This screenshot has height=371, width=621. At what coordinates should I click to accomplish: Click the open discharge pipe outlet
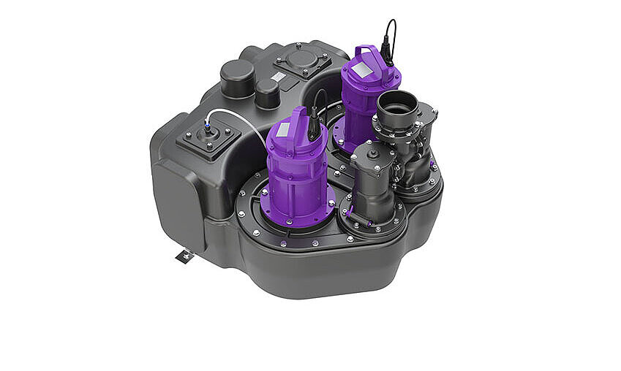click(397, 107)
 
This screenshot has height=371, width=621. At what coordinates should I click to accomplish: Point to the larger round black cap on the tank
click(238, 77)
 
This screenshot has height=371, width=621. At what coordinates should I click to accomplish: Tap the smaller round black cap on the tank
click(268, 93)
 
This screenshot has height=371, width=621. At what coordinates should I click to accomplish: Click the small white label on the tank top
click(279, 76)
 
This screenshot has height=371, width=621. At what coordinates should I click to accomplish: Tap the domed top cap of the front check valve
click(372, 151)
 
